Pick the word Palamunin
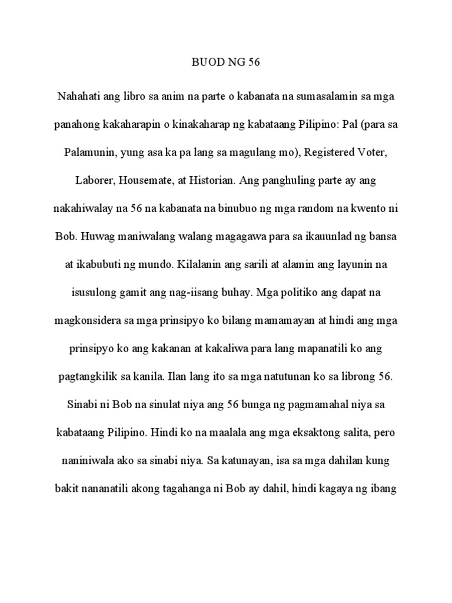point(90,153)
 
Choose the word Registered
point(332,153)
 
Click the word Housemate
point(144,182)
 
